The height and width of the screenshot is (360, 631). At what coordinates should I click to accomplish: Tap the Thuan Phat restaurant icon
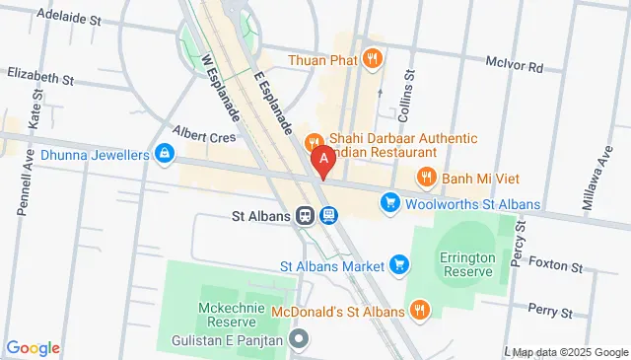tap(372, 58)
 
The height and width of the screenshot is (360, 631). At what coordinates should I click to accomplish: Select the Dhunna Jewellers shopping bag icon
tap(165, 154)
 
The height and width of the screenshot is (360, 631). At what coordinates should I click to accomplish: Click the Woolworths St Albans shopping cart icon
tap(390, 204)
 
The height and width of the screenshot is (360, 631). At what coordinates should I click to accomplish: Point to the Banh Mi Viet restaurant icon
tap(426, 178)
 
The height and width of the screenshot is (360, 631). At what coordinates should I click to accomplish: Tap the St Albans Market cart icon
tap(399, 264)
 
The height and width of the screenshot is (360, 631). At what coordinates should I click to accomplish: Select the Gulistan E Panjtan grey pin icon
tap(302, 340)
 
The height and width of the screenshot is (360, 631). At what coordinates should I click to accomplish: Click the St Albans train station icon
tap(307, 215)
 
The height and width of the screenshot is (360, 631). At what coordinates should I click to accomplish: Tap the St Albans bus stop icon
tap(328, 215)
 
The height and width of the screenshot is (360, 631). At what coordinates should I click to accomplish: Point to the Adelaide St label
tap(69, 19)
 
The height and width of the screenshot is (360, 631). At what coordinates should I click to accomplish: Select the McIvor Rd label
tap(515, 67)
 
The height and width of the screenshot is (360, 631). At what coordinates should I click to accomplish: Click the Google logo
tap(34, 347)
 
